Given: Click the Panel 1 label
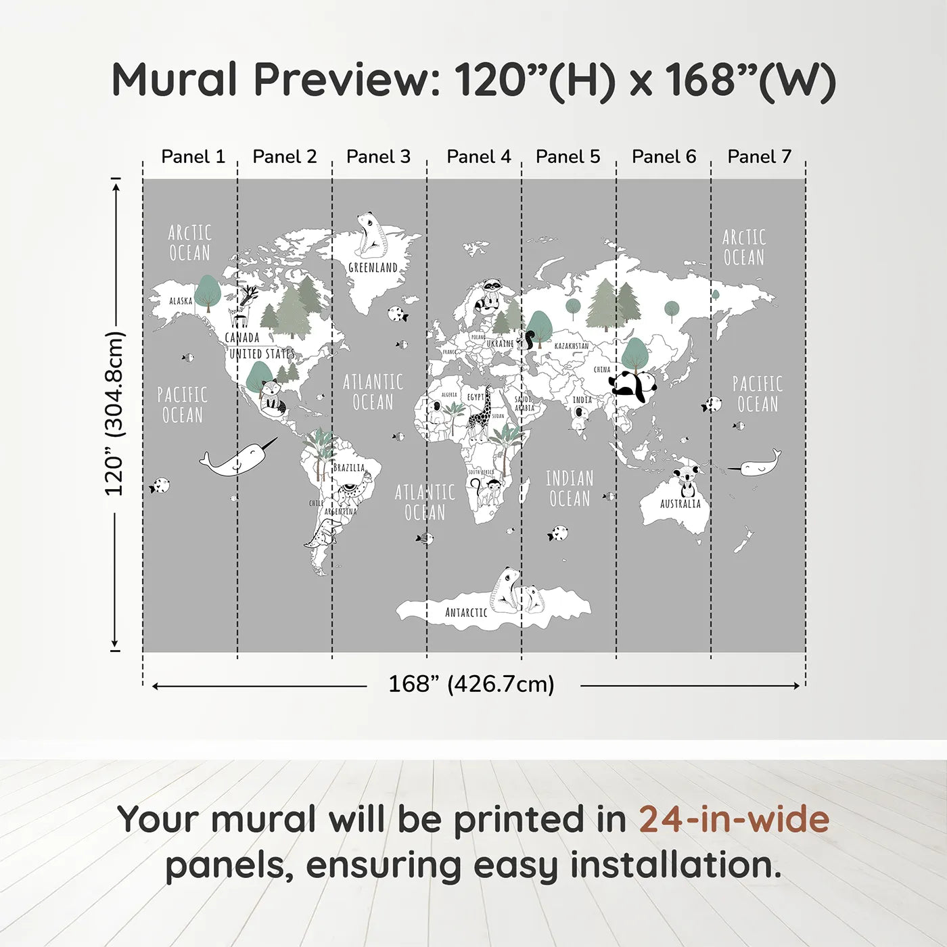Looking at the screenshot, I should coord(193,157).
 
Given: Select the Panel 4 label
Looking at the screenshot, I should coord(479,157).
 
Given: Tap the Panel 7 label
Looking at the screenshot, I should coord(759,157).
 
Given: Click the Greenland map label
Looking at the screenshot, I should coord(373,268).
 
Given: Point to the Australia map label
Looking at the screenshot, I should coord(680,504).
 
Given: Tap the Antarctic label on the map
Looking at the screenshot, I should coord(466,613).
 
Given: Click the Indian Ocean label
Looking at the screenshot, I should coord(570,488).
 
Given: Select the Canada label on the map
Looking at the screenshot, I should coord(242,338).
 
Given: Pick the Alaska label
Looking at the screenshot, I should coord(181,301).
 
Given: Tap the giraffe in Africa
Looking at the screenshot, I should coord(481,414).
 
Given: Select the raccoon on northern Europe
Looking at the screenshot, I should coord(490,295).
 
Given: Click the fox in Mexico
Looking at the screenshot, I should coord(272,396).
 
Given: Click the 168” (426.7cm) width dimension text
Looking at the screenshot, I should coord(471,685).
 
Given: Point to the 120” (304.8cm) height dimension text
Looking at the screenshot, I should coord(114,414).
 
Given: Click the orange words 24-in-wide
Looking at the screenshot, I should coord(734,819).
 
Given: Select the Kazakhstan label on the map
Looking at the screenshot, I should coord(572,346).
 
